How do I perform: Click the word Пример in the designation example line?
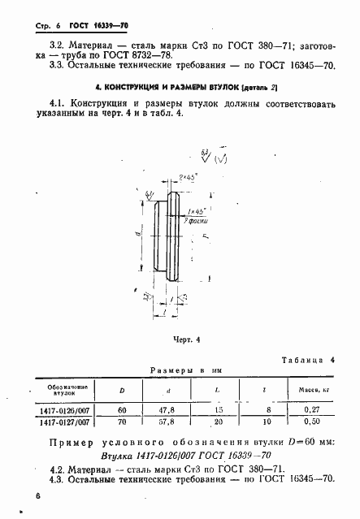coord(75,443)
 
